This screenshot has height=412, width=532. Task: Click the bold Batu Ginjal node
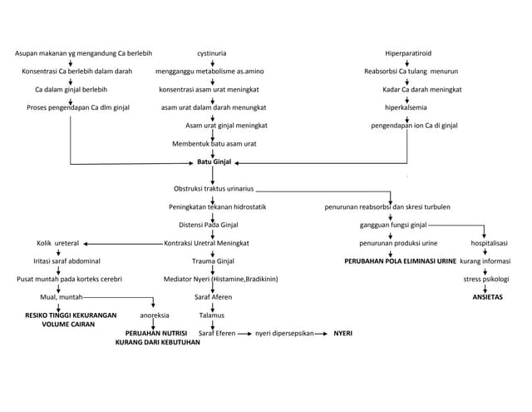214,161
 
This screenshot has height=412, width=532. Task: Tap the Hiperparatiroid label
407,53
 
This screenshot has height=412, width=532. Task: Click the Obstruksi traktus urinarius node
214,189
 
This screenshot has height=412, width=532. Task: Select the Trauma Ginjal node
214,261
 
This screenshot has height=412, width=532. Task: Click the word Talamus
212,315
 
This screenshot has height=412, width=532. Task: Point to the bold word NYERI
342,333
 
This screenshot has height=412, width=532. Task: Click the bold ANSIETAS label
487,297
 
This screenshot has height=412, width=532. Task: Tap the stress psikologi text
486,279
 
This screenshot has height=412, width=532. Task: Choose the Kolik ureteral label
57,243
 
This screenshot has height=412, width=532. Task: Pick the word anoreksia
155,315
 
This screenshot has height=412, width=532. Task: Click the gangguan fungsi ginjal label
393,225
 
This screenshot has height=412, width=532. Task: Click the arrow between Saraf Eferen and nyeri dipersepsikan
244,333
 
